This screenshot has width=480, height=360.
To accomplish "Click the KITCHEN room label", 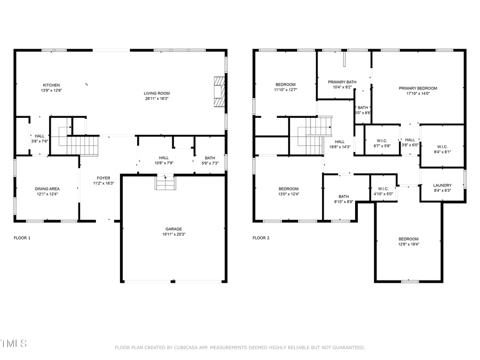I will pos(51,85).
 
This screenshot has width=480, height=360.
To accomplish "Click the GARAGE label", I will pos(174,229).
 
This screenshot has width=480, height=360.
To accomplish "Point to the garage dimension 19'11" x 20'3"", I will pos(174,234).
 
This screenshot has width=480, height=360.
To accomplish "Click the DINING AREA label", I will pos(47,189).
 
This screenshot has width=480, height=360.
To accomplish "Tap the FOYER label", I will pos(103,178).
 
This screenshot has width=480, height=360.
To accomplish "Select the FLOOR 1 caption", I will pos(22,238).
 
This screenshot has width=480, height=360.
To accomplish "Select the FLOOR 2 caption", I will pos(261,238).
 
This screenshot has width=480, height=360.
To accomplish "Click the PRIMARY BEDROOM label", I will pos(418,89).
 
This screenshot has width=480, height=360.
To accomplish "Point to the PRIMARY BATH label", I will pos(342,82).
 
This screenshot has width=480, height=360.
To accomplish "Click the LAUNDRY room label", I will pos(443,186).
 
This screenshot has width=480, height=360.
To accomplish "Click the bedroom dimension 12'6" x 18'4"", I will pos(409,244).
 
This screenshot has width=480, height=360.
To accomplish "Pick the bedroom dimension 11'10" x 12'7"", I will pos(286,90).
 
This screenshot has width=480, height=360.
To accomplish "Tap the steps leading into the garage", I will pos(165,183).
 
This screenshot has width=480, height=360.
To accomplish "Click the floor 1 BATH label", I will pos(210,157).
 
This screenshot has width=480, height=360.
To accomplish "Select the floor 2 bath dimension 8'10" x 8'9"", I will pos(343,202).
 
